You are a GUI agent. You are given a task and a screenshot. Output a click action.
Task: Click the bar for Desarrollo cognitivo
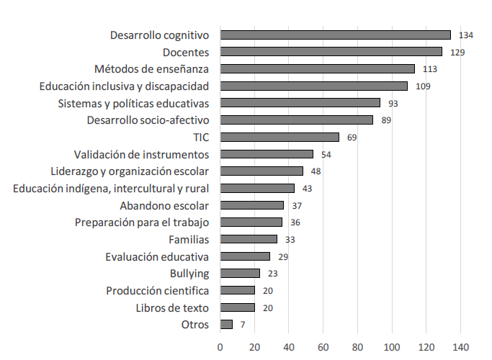(x=336, y=35)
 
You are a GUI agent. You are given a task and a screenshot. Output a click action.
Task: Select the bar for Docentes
(x=331, y=52)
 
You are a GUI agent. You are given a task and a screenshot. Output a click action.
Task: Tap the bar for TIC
(x=279, y=137)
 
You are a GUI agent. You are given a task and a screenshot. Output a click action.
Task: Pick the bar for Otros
(x=226, y=324)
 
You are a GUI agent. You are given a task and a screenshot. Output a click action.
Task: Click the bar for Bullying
(x=240, y=273)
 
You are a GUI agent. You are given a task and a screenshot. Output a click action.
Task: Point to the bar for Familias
(x=249, y=239)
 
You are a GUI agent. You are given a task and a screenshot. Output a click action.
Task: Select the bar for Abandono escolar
(x=252, y=205)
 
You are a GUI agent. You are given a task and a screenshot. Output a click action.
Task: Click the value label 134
(x=466, y=35)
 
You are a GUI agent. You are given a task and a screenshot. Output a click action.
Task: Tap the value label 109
(x=423, y=86)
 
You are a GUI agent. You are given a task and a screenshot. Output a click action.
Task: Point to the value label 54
(x=326, y=154)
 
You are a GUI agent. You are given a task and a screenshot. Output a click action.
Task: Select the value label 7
(x=243, y=325)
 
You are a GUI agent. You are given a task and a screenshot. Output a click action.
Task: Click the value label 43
(x=307, y=189)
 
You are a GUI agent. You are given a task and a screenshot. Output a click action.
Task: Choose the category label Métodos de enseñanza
(x=151, y=69)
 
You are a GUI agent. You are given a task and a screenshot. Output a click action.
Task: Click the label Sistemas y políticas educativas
(x=133, y=103)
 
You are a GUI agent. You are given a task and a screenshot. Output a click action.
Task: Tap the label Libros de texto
(x=172, y=307)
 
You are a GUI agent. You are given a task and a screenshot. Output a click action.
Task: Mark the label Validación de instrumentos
(x=141, y=154)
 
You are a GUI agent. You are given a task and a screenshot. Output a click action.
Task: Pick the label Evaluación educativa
(x=156, y=256)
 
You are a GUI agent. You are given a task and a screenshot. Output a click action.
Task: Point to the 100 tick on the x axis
(x=392, y=346)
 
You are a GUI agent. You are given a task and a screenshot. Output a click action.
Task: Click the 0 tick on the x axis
(x=220, y=346)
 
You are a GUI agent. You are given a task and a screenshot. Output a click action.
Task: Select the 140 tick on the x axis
(x=461, y=346)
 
